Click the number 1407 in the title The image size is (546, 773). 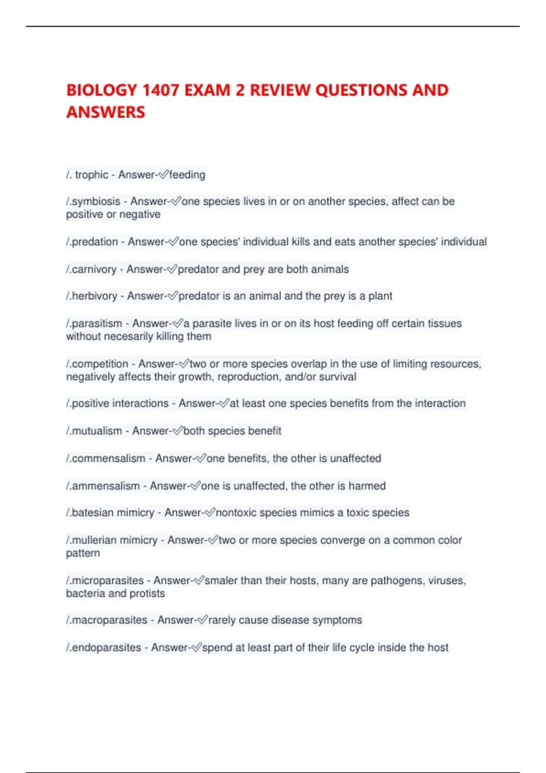pyautogui.click(x=160, y=90)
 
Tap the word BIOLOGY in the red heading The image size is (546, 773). pyautogui.click(x=101, y=90)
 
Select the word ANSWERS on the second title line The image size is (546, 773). pyautogui.click(x=106, y=112)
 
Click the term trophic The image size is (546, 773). pyautogui.click(x=91, y=175)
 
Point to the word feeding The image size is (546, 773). pyautogui.click(x=187, y=175)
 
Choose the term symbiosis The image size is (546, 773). pyautogui.click(x=96, y=201)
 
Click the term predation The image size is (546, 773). pyautogui.click(x=95, y=242)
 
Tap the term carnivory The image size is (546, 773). pyautogui.click(x=94, y=269)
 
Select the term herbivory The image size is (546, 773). pyautogui.click(x=94, y=296)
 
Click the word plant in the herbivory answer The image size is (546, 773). pyautogui.click(x=380, y=296)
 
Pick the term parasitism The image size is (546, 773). pyautogui.click(x=97, y=323)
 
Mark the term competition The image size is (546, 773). pyautogui.click(x=100, y=364)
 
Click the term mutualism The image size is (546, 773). pyautogui.click(x=97, y=431)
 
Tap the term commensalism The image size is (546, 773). pyautogui.click(x=108, y=458)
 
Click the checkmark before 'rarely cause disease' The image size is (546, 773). pyautogui.click(x=202, y=620)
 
